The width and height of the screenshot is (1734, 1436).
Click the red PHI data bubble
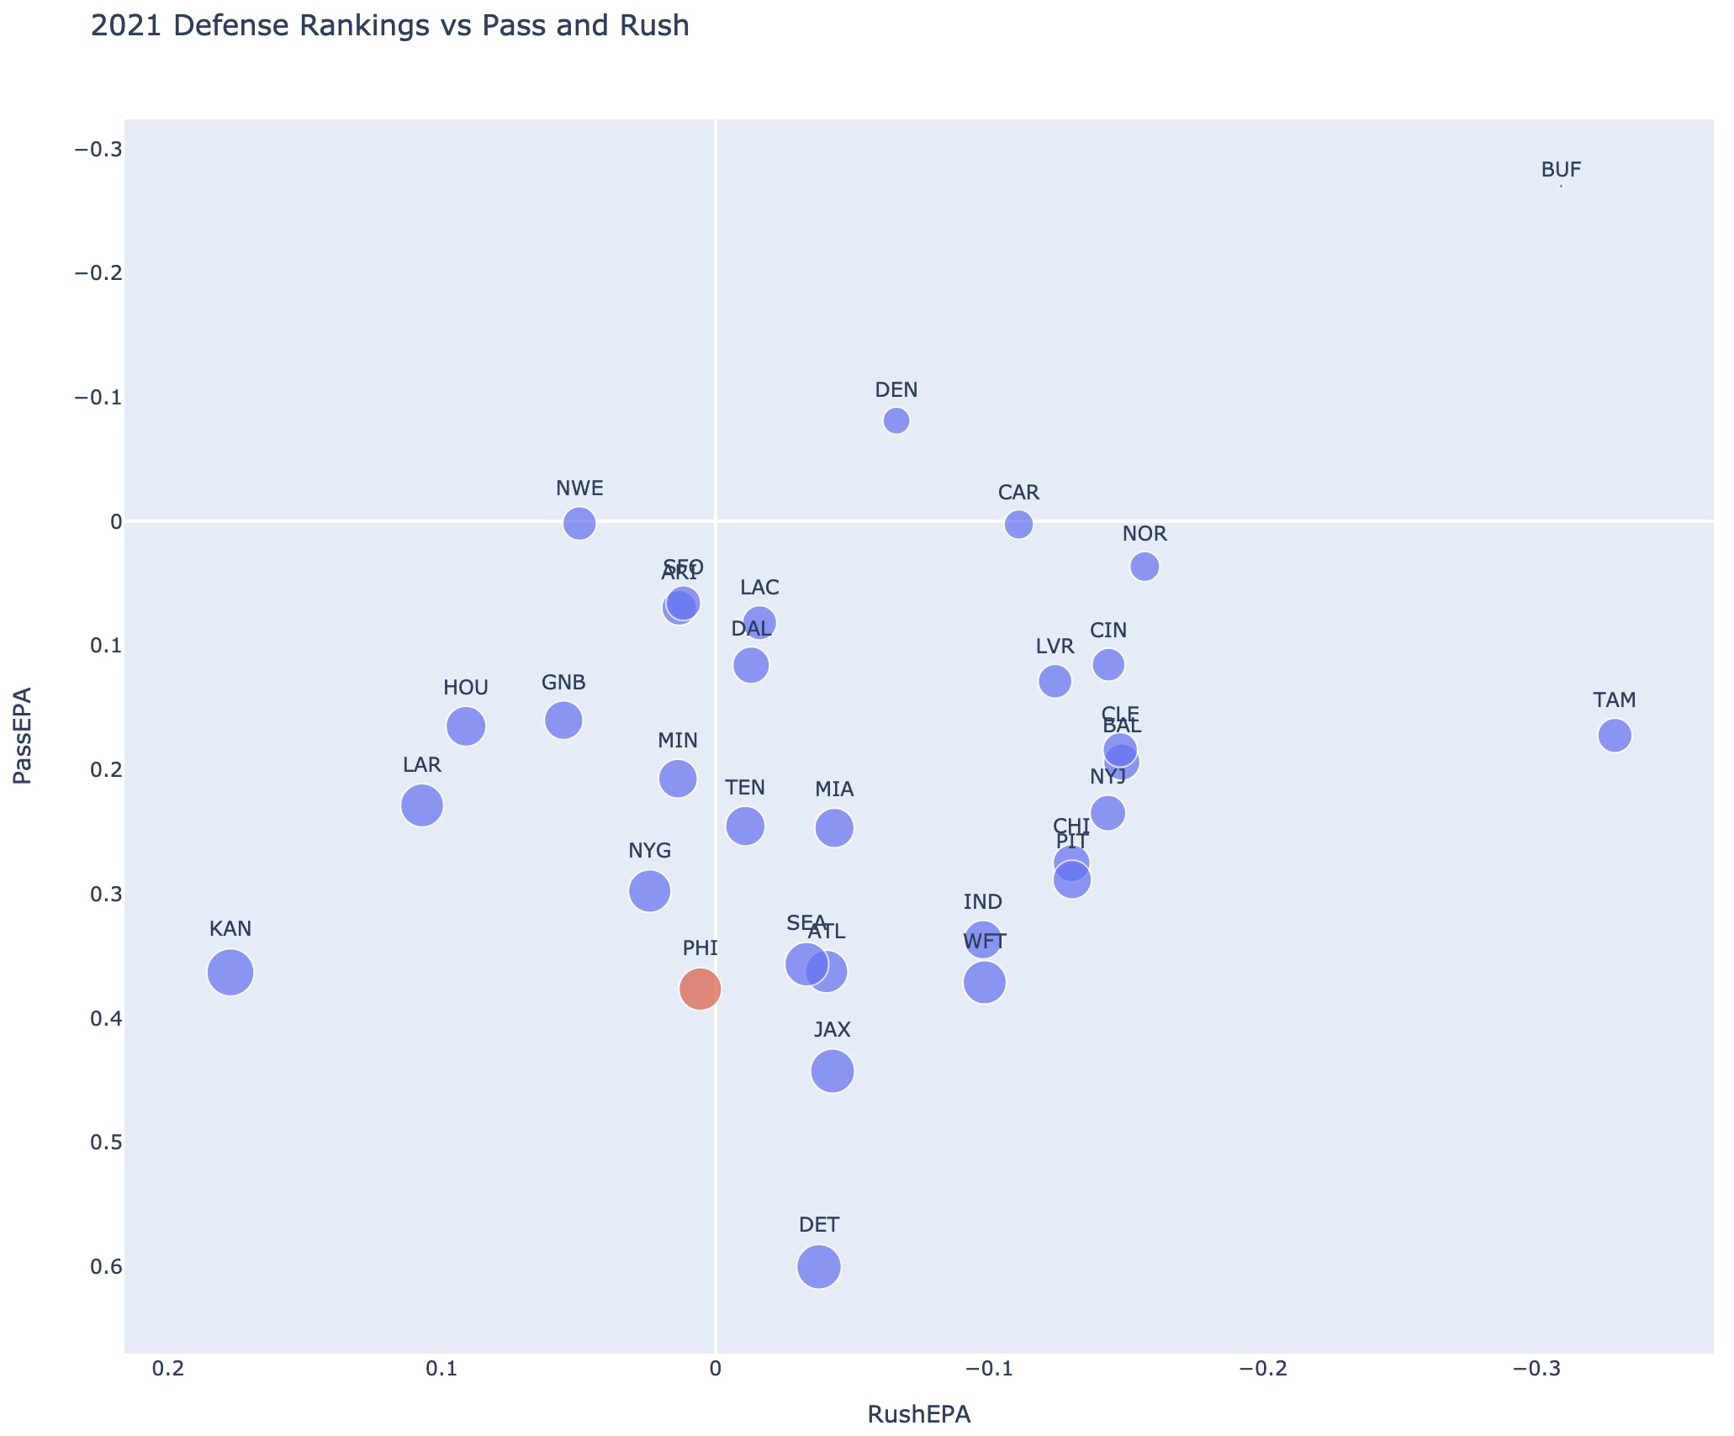tap(700, 989)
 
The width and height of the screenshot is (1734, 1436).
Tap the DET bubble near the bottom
tap(818, 1266)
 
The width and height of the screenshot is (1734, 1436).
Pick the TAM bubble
tap(1615, 736)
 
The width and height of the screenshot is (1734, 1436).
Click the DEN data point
tap(896, 420)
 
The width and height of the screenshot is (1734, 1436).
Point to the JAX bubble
tap(833, 1070)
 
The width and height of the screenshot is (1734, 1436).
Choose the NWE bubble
tap(579, 524)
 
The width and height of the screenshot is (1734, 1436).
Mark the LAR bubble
tap(422, 805)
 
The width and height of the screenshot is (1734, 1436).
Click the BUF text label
tap(1561, 170)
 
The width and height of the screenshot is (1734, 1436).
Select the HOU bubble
tap(466, 726)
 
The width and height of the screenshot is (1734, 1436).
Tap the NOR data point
tap(1145, 567)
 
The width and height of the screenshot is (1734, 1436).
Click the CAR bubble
tap(1018, 525)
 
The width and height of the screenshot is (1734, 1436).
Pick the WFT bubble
tap(984, 982)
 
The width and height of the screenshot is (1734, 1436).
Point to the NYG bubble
tap(649, 890)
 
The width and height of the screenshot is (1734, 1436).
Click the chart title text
tap(389, 27)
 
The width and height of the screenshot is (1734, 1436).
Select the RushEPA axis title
tap(918, 1414)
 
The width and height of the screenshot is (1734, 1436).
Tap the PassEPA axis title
tap(24, 736)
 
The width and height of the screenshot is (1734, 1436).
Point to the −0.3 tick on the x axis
tap(1536, 1370)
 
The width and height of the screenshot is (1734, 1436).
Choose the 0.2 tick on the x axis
tap(167, 1370)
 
